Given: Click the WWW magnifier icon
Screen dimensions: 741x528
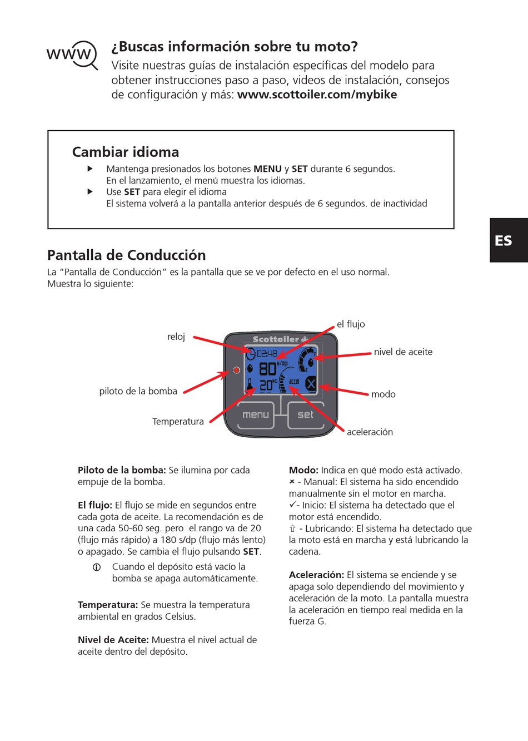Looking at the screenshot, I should (x=72, y=55).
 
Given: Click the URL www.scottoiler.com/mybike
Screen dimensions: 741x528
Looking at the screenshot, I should (x=317, y=95).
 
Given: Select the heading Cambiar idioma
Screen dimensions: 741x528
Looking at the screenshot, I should (x=126, y=152).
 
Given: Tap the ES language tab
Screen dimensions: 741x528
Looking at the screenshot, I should (x=504, y=240).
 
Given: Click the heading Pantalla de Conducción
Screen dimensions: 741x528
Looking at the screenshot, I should (x=126, y=255).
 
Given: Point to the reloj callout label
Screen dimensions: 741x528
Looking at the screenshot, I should (x=176, y=337).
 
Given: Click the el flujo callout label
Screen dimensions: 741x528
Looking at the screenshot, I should (x=351, y=324).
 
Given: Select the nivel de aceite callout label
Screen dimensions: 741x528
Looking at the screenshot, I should (x=403, y=352).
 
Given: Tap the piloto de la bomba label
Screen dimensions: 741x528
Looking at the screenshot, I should (x=138, y=391).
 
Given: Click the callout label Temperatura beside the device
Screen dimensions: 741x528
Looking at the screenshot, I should (x=178, y=421).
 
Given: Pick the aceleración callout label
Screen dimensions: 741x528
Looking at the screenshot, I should (x=370, y=432).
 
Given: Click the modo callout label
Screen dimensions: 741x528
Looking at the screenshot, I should (x=383, y=394).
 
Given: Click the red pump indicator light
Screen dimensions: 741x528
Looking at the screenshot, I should (x=236, y=370).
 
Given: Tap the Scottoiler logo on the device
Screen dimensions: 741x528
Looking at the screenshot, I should (x=280, y=339).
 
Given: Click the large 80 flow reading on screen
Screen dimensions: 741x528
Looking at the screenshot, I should (x=267, y=368).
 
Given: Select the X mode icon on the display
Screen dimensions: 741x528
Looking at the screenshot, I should (x=311, y=383).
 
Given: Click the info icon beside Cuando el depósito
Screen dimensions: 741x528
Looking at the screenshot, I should (x=96, y=567).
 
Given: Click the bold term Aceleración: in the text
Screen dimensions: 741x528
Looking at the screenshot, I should (x=316, y=575).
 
